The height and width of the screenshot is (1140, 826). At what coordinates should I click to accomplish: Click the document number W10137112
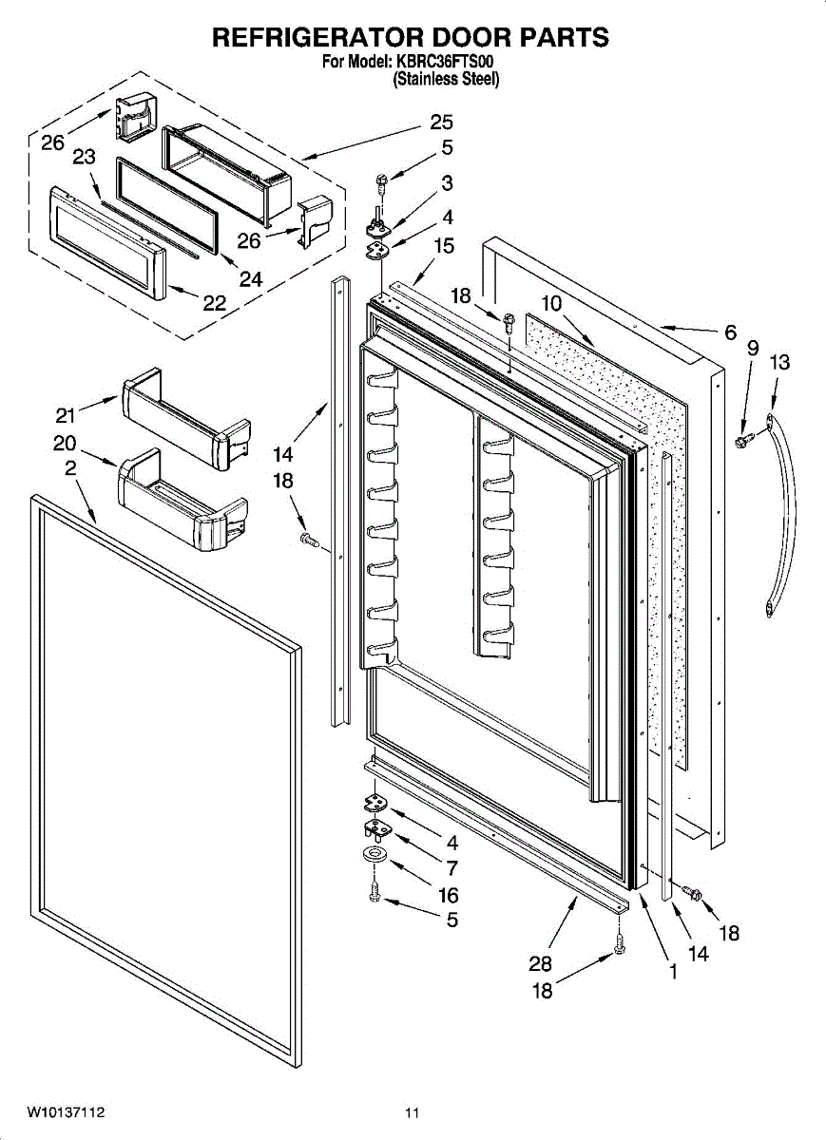click(x=66, y=1112)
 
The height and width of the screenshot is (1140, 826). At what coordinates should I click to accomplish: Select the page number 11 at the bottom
click(x=412, y=1113)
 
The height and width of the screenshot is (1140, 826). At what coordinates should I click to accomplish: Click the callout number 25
click(x=441, y=123)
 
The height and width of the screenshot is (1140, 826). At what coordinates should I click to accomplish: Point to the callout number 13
click(x=779, y=362)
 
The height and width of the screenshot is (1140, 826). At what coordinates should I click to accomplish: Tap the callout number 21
click(x=65, y=415)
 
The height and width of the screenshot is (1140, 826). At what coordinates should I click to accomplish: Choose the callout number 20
click(x=65, y=444)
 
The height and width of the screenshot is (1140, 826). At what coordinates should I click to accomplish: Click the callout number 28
click(x=540, y=963)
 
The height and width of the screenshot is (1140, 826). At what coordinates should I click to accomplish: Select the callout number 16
click(x=448, y=895)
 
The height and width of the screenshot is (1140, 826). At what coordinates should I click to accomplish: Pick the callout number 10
click(x=551, y=304)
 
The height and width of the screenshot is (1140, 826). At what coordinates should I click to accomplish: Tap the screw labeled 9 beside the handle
click(x=743, y=441)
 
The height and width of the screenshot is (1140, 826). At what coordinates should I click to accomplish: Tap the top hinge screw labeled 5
click(x=381, y=181)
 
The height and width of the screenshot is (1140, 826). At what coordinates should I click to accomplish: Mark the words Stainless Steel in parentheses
click(x=446, y=80)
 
